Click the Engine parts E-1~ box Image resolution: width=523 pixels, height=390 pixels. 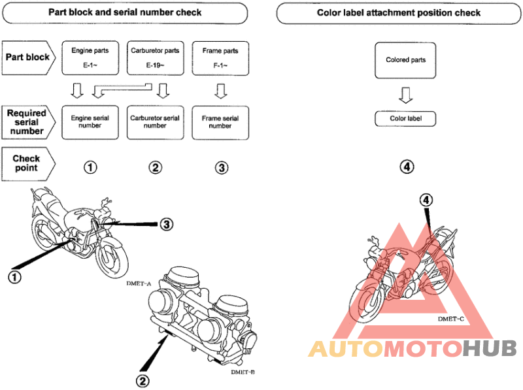pos(90,56)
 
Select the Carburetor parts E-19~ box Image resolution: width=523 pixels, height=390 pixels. pos(155,56)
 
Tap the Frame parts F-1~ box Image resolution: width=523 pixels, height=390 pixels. pos(220,56)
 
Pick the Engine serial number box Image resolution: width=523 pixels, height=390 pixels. pos(90,122)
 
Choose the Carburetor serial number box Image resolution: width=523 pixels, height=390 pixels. pos(155,122)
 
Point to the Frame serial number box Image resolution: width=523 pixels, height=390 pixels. pos(220,122)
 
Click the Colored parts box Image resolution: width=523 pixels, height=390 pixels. pos(405,60)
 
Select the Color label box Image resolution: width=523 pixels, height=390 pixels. pos(405,119)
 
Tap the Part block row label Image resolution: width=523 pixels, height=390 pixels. pos(27,57)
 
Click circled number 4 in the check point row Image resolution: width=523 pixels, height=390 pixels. pos(407,167)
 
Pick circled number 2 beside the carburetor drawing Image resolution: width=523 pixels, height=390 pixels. pos(142,378)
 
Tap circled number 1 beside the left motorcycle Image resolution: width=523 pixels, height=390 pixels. pos(14,276)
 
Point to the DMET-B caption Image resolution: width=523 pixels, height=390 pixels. pos(243,372)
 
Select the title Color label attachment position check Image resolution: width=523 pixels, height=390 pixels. pos(398,12)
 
